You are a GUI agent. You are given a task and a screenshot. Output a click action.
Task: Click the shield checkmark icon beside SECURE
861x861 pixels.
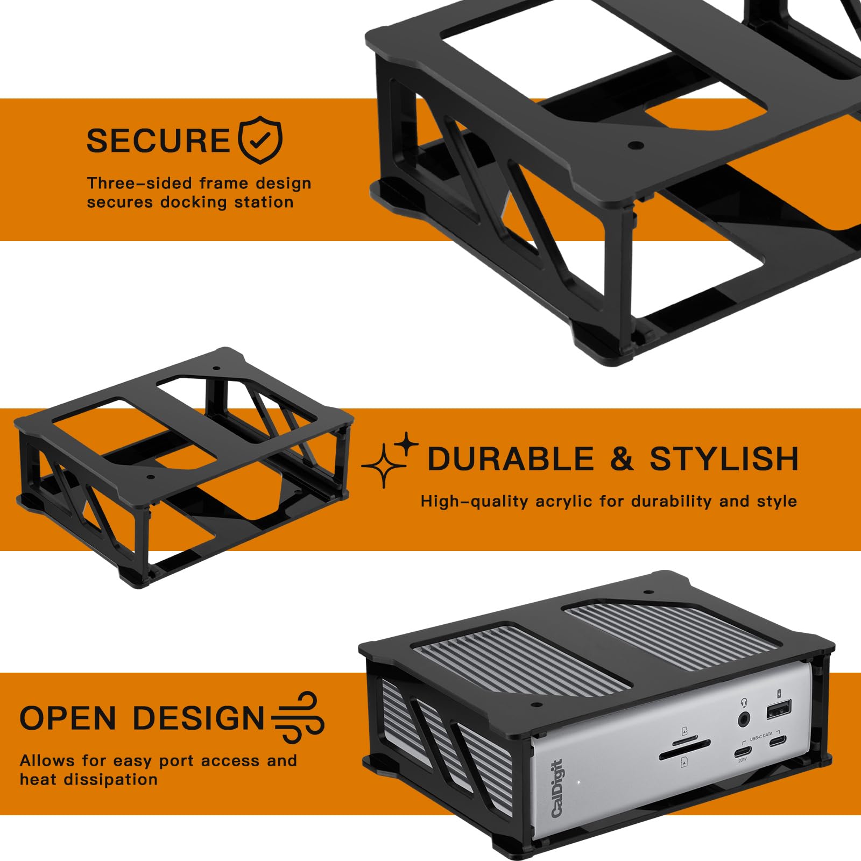pyautogui.click(x=260, y=139)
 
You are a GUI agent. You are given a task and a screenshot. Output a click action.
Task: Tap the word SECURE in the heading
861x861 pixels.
pyautogui.click(x=159, y=141)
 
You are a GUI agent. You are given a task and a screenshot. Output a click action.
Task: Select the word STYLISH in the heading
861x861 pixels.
pyautogui.click(x=724, y=459)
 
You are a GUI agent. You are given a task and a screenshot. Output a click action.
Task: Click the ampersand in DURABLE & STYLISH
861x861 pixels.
pyautogui.click(x=622, y=459)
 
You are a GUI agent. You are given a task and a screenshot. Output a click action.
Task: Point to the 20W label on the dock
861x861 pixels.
pyautogui.click(x=743, y=760)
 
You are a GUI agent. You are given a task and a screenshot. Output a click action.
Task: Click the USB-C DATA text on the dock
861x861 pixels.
pyautogui.click(x=761, y=735)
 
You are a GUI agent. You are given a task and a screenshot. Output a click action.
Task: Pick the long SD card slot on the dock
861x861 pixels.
pyautogui.click(x=684, y=749)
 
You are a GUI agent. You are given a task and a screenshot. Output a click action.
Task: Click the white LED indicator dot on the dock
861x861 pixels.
pyautogui.click(x=578, y=782)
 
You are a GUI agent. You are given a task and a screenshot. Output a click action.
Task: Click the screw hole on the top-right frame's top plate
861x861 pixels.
pyautogui.click(x=636, y=145)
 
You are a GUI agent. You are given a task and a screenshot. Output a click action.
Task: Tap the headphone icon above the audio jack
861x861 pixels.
pyautogui.click(x=744, y=702)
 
